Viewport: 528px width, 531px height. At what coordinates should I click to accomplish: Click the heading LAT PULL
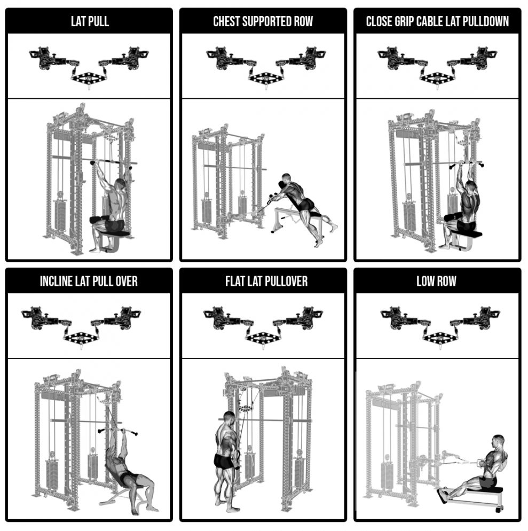tap(90, 21)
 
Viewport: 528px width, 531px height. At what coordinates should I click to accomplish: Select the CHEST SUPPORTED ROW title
tap(263, 21)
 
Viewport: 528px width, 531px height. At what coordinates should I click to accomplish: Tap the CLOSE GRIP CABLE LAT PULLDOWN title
tap(437, 21)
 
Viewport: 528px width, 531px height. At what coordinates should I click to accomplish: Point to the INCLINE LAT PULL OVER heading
tap(89, 281)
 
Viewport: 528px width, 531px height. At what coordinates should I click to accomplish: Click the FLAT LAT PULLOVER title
tap(266, 281)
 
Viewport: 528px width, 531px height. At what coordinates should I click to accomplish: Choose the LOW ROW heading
tap(436, 281)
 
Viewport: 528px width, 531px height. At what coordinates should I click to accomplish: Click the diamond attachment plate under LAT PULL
tap(89, 78)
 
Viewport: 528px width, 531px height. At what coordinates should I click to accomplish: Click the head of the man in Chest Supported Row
tap(286, 178)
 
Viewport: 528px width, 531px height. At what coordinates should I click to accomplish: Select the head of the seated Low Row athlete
tap(498, 441)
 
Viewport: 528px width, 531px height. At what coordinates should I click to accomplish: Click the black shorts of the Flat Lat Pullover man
tap(223, 461)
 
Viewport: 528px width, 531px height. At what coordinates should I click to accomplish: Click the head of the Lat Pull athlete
tap(120, 185)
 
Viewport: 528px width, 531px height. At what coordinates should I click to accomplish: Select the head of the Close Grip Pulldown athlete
tap(470, 187)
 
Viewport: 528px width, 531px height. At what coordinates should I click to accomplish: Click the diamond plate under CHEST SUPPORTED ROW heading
tap(266, 78)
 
